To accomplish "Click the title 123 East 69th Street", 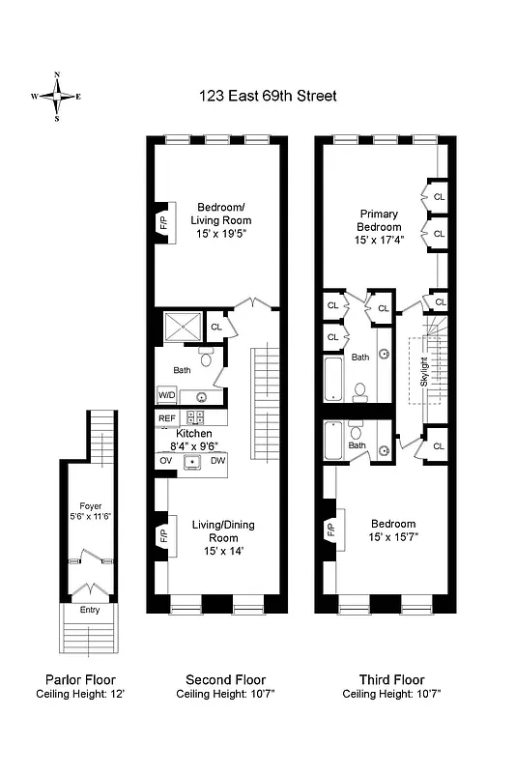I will click(x=268, y=96).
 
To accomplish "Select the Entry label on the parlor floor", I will click(x=89, y=609).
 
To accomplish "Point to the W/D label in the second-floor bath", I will click(x=167, y=395).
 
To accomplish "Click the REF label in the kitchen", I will click(x=167, y=418).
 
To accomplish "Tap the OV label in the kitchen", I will click(x=165, y=461).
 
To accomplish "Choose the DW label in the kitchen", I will click(x=217, y=461).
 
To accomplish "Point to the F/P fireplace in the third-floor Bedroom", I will click(x=329, y=529).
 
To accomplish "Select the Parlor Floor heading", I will click(x=81, y=680).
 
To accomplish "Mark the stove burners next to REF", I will click(x=195, y=418).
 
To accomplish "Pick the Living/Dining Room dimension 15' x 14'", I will click(x=222, y=551).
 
